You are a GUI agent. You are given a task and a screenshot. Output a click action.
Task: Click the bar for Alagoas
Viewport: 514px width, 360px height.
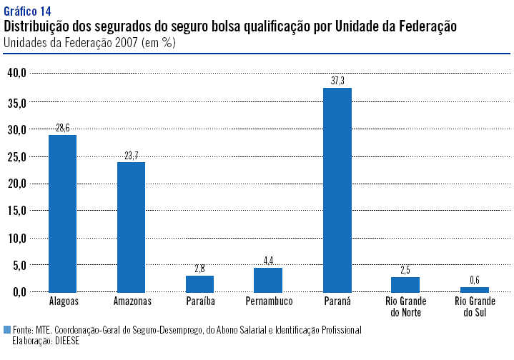(62, 213)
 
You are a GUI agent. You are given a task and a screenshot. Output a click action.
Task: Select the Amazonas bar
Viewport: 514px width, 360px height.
(131, 226)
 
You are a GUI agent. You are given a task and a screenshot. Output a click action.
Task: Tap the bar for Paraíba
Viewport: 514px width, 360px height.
(199, 284)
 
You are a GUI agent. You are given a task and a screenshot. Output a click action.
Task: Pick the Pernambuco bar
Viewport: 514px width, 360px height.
(268, 279)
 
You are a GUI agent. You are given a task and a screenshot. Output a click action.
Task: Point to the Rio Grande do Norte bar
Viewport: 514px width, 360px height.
(405, 284)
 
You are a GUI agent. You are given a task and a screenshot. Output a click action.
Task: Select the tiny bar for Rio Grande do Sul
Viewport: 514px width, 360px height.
(474, 289)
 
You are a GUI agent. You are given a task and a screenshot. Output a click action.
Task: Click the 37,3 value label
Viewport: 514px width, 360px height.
(337, 81)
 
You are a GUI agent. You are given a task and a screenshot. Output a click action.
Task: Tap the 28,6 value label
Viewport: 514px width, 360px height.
(62, 128)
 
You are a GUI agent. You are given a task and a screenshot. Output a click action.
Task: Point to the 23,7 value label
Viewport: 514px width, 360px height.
(131, 155)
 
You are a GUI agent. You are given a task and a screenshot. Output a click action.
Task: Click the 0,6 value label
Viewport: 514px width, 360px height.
(474, 280)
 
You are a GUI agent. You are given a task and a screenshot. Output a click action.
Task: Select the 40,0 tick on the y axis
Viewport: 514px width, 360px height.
(16, 73)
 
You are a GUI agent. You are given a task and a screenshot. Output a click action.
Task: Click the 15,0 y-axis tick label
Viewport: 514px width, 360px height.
(16, 210)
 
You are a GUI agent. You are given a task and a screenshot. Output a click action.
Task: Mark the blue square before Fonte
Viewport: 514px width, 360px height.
(7, 330)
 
